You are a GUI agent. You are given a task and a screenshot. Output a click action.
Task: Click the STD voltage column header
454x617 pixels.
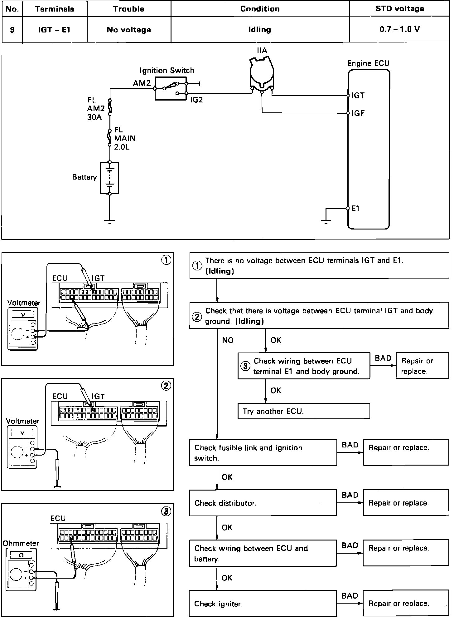point(399,9)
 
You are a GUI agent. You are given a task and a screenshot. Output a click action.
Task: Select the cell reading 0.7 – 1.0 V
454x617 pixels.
point(399,29)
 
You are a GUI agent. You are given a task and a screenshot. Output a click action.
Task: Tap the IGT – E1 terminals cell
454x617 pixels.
point(54,30)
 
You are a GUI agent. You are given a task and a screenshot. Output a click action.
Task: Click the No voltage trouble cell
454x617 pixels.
point(129,30)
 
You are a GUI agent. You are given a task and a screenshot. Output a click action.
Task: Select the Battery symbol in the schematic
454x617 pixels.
point(109,178)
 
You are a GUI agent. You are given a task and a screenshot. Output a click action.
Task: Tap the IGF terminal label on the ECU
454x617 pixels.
point(358,113)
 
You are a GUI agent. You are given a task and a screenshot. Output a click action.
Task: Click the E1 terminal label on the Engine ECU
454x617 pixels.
point(355,208)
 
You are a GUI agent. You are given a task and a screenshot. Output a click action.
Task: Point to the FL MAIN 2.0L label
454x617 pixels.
point(124,138)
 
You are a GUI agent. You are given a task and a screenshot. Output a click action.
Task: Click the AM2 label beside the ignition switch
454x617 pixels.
point(142,83)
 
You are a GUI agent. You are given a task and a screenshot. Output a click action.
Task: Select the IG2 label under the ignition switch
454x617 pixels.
point(196,100)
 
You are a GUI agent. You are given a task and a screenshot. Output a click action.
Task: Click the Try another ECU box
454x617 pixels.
point(303,411)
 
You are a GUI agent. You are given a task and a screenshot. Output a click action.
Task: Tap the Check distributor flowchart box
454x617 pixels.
point(263,503)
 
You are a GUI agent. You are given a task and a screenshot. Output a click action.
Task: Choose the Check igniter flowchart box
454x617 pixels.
point(263,604)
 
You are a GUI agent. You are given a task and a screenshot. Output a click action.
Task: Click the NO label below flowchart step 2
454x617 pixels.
point(228,340)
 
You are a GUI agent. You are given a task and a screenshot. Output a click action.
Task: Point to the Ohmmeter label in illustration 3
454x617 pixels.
point(21,543)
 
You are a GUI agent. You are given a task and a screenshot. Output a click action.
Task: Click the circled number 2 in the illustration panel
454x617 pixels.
point(166,386)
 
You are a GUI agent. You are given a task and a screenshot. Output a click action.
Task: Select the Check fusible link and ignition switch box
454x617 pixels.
point(263,452)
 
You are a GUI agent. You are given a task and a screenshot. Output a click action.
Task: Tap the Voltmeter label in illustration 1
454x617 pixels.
point(24,303)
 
